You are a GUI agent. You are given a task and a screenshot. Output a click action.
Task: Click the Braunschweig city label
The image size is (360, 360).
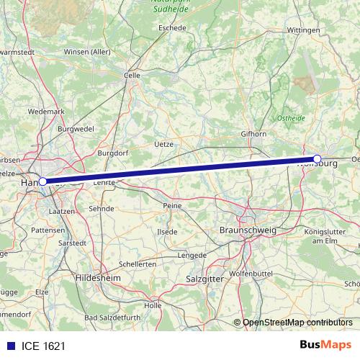pyautogui.click(x=248, y=230)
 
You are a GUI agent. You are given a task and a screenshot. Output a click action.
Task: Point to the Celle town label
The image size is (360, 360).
pyautogui.click(x=132, y=74)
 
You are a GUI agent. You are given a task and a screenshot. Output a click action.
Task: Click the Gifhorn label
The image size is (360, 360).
pyautogui.click(x=253, y=134)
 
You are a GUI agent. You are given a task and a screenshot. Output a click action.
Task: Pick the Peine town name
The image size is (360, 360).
pyautogui.click(x=173, y=205)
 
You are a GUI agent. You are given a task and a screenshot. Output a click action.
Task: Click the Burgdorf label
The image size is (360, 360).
pyautogui.click(x=113, y=153)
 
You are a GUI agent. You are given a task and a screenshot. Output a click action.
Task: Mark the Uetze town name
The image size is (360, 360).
pyautogui.click(x=165, y=144)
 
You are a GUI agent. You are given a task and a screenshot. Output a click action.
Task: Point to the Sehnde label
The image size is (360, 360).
pyautogui.click(x=101, y=208)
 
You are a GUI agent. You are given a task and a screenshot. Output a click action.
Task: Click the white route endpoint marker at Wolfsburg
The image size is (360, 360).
pyautogui.click(x=317, y=158)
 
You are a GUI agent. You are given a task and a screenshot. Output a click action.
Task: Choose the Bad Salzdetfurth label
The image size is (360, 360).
pyautogui.click(x=113, y=318)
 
